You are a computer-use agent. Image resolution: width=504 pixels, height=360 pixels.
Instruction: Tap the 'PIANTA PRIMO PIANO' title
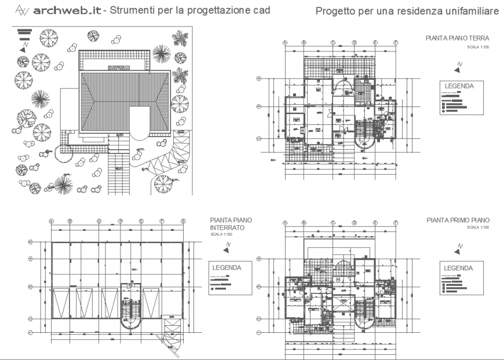tap(458, 221)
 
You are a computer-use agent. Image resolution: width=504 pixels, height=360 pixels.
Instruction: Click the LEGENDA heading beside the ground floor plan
tap(459, 86)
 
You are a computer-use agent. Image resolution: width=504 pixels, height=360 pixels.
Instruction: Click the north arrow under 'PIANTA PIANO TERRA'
tap(458, 67)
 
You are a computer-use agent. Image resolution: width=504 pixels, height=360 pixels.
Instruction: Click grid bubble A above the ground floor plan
tap(286, 43)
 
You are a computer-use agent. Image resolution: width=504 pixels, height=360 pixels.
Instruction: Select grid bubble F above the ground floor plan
tap(396, 43)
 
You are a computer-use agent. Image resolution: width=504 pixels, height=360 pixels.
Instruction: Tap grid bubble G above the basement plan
tap(183, 221)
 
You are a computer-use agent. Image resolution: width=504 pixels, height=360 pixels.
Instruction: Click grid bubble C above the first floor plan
tap(333, 221)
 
